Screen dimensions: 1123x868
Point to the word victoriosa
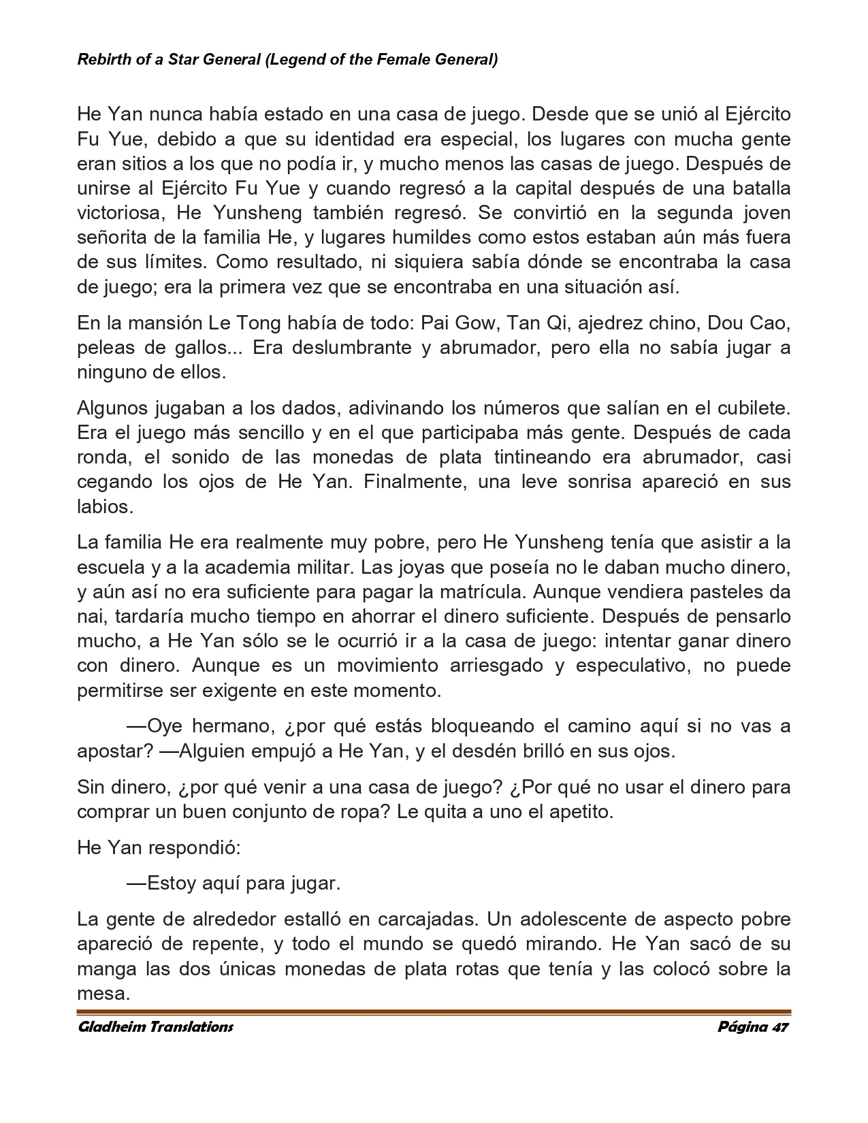pos(121,213)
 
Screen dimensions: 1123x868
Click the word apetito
pos(577,812)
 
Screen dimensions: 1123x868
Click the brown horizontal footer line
pos(434,1013)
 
